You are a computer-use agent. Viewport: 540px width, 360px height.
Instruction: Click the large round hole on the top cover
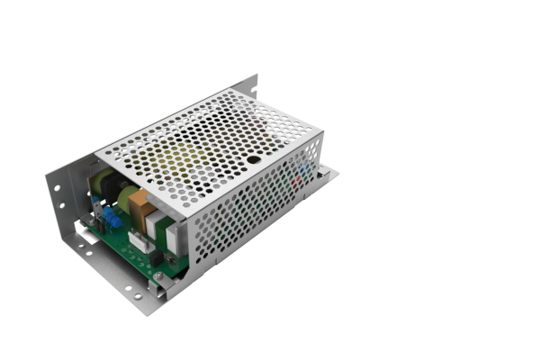coord(255,159)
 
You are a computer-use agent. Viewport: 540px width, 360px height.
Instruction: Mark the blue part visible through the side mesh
coord(306,168)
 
